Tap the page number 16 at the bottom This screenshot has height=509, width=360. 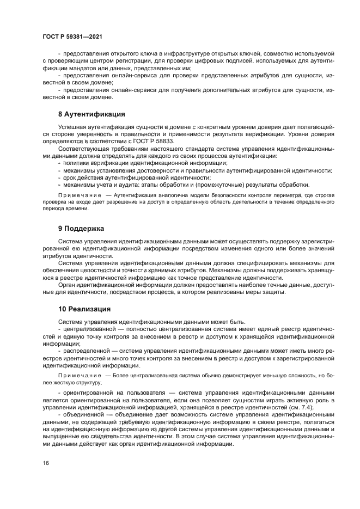[x=46, y=463]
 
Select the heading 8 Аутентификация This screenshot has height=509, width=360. [x=91, y=114]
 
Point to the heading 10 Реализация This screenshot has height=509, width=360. [x=84, y=309]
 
